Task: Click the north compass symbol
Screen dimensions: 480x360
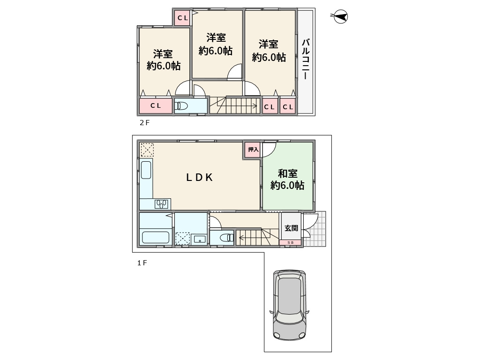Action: click(340, 16)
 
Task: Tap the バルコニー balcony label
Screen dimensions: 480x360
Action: click(306, 60)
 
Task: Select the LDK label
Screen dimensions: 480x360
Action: click(200, 178)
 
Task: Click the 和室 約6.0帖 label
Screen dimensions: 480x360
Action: click(287, 180)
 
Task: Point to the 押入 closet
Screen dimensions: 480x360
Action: click(253, 150)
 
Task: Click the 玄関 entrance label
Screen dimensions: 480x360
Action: click(291, 228)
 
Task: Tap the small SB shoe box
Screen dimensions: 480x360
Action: click(290, 243)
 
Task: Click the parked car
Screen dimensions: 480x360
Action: click(289, 305)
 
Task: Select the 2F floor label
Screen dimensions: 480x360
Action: click(144, 123)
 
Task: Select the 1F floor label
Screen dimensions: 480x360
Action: click(142, 263)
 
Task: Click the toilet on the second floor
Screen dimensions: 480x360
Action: click(181, 106)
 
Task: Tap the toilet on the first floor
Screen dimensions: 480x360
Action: click(227, 237)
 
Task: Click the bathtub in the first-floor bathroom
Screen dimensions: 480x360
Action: click(156, 238)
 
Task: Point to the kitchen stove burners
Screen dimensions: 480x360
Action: click(161, 204)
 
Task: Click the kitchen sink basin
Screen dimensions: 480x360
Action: click(146, 170)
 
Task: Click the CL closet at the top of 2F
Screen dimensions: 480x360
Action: click(182, 18)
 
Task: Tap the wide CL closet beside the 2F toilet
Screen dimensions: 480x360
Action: click(156, 105)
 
